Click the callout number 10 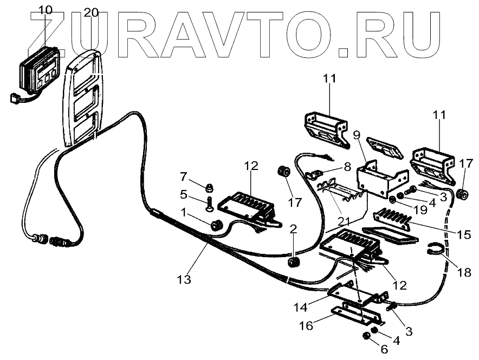click(46, 10)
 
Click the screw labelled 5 click(209, 205)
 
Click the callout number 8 click(346, 167)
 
